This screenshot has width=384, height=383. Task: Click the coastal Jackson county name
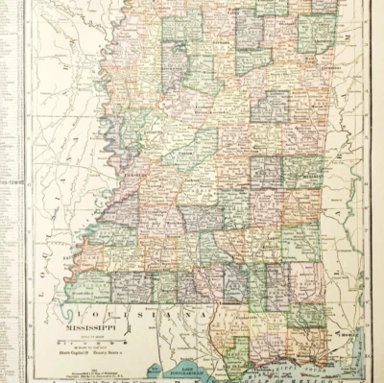331,331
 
